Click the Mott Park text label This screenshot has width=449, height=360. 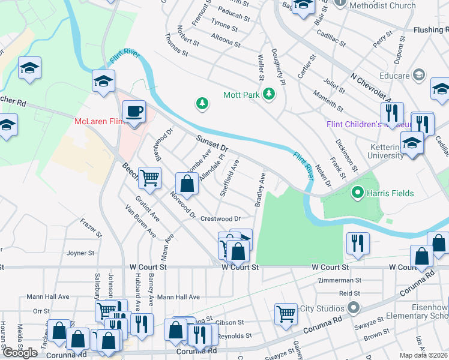[x=240, y=95]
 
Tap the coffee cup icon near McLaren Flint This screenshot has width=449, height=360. [x=134, y=112]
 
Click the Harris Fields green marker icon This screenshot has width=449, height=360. [x=358, y=193]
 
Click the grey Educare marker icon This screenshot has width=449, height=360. [x=419, y=76]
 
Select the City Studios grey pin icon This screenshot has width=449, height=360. [x=354, y=308]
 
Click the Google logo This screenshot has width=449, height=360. [x=20, y=353]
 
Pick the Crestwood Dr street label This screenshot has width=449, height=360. [x=220, y=219]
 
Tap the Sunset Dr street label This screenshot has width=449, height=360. [x=212, y=143]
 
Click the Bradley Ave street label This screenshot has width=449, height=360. [x=260, y=190]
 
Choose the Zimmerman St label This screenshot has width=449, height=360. [x=341, y=280]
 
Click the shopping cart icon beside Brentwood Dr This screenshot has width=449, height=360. [x=149, y=177]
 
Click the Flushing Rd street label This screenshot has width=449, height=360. [x=430, y=29]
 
